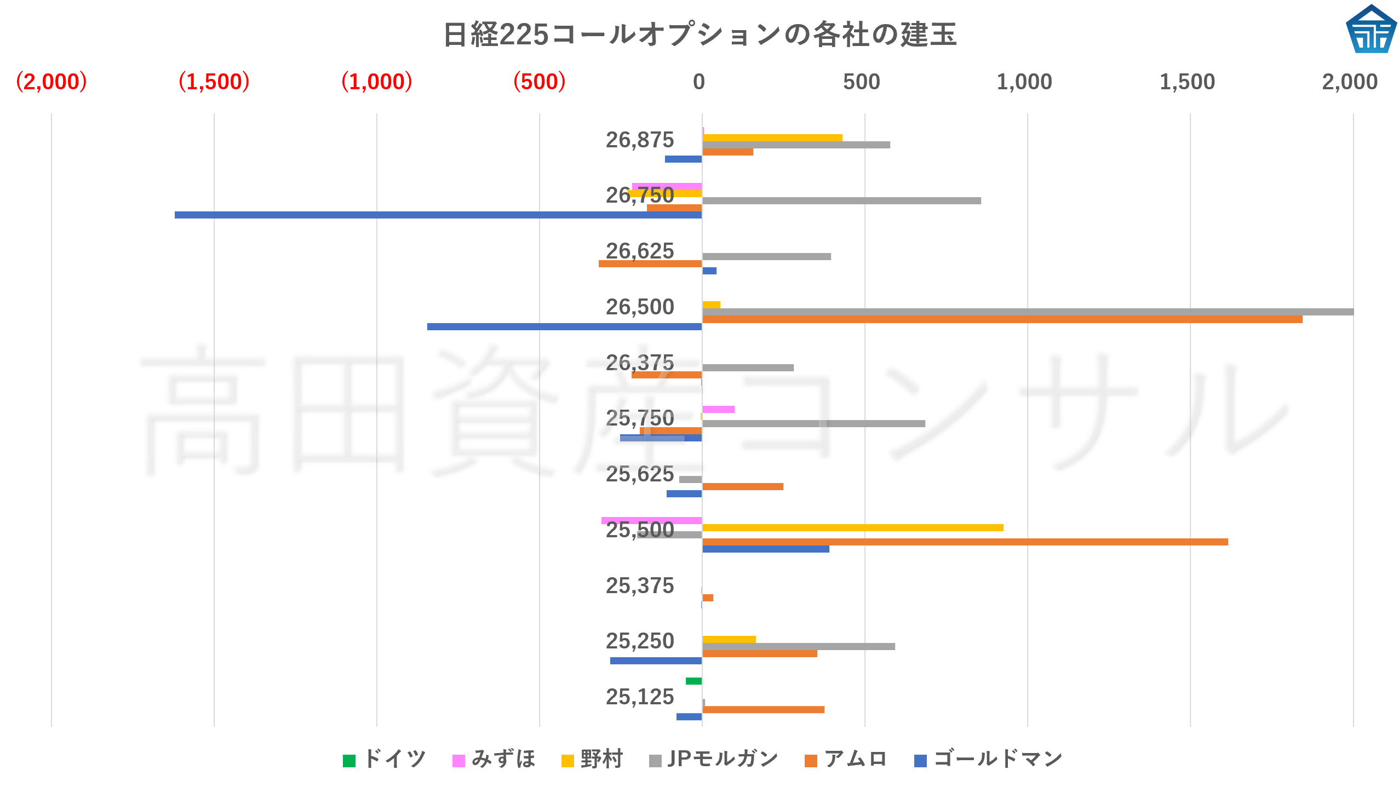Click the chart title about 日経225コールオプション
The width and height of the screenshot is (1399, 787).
click(x=699, y=34)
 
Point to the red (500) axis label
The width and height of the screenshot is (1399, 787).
click(x=539, y=82)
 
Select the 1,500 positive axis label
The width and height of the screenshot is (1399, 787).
click(x=1187, y=82)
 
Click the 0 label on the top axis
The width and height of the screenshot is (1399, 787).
click(x=699, y=82)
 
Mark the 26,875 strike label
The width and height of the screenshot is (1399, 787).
click(x=640, y=140)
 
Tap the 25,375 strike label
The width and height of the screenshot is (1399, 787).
click(x=640, y=586)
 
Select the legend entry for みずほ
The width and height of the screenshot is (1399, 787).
click(x=494, y=759)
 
